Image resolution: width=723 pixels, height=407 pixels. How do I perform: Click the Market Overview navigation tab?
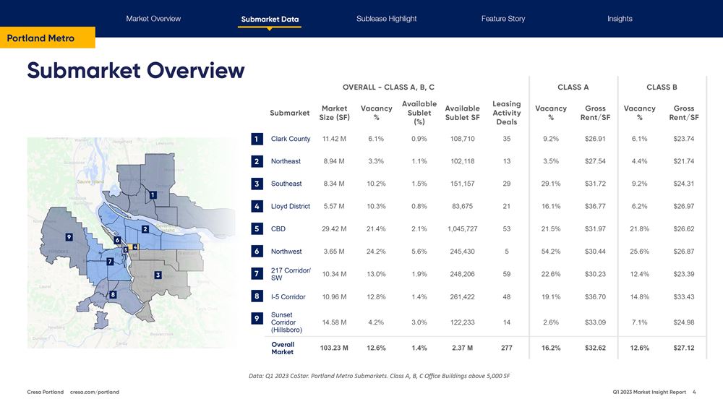[153, 19]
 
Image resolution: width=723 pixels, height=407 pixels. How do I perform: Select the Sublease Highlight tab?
[386, 19]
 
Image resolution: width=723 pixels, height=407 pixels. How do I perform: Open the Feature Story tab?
[503, 19]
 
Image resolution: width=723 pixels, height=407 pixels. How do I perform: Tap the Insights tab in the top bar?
[620, 19]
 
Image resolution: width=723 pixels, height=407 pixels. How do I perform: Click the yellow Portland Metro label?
[46, 38]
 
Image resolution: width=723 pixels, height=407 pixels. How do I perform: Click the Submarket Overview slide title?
[136, 71]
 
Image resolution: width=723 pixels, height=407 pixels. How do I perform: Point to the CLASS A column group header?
[573, 87]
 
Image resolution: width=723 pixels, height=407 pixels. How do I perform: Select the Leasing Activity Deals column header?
[506, 113]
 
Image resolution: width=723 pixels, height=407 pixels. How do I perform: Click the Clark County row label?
[291, 139]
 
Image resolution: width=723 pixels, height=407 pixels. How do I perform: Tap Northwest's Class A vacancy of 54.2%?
[551, 252]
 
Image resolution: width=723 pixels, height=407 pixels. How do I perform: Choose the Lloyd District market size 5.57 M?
[334, 207]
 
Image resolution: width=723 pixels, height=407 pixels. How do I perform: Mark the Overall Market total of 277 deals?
[506, 348]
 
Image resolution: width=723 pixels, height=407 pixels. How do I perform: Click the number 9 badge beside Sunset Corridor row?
[257, 319]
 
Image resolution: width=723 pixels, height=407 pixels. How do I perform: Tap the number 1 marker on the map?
[153, 194]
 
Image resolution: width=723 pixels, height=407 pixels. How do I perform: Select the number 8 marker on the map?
[113, 295]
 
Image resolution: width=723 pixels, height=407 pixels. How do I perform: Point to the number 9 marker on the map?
[69, 236]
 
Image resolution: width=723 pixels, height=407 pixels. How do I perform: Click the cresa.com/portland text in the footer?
[95, 392]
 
